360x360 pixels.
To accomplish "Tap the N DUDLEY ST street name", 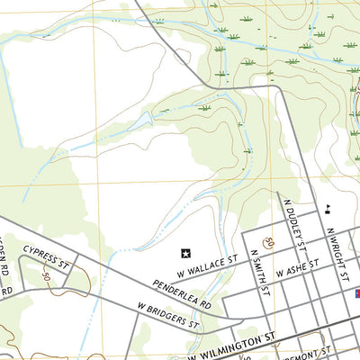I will [293, 225].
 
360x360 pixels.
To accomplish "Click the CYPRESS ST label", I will [47, 258].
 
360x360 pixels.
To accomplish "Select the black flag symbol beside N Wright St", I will [328, 210].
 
